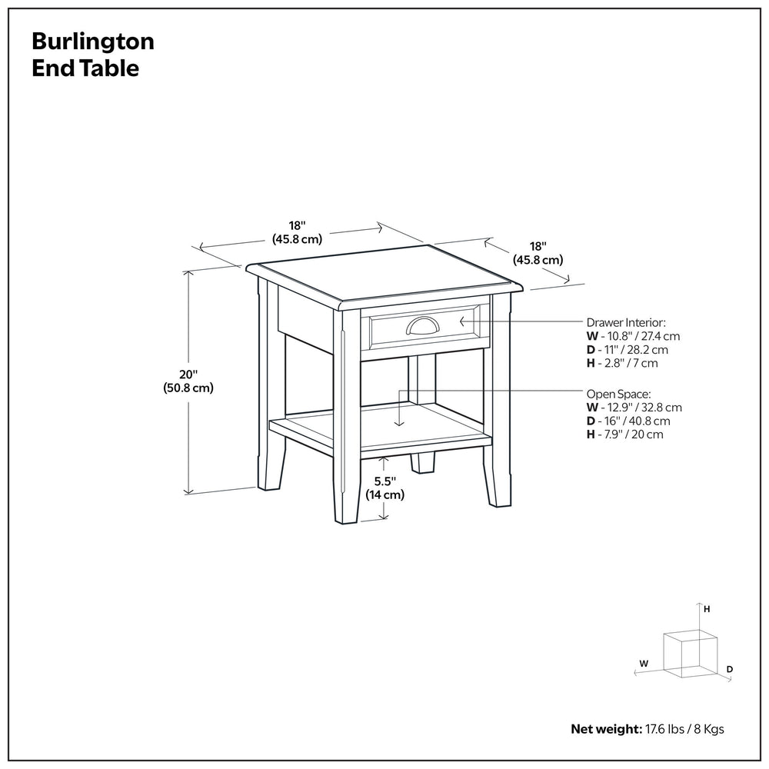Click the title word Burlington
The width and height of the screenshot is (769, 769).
coord(92,42)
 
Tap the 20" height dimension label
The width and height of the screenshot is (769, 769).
coord(187,374)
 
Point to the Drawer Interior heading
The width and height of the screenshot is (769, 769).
coord(626,322)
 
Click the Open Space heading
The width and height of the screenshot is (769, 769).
coord(618,393)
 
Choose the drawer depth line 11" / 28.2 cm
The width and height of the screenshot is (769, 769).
coord(628,350)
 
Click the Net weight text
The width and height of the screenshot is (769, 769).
coord(647,729)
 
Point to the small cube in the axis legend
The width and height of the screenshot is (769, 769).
coord(690,654)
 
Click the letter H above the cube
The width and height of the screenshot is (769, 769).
coord(707,609)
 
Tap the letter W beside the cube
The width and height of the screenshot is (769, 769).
coord(644,662)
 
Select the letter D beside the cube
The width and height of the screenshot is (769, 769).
coord(729,670)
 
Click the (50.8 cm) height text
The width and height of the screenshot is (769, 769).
coord(187,388)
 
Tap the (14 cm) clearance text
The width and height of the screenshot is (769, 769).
coord(384,495)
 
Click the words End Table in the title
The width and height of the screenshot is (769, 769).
coord(85,68)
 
